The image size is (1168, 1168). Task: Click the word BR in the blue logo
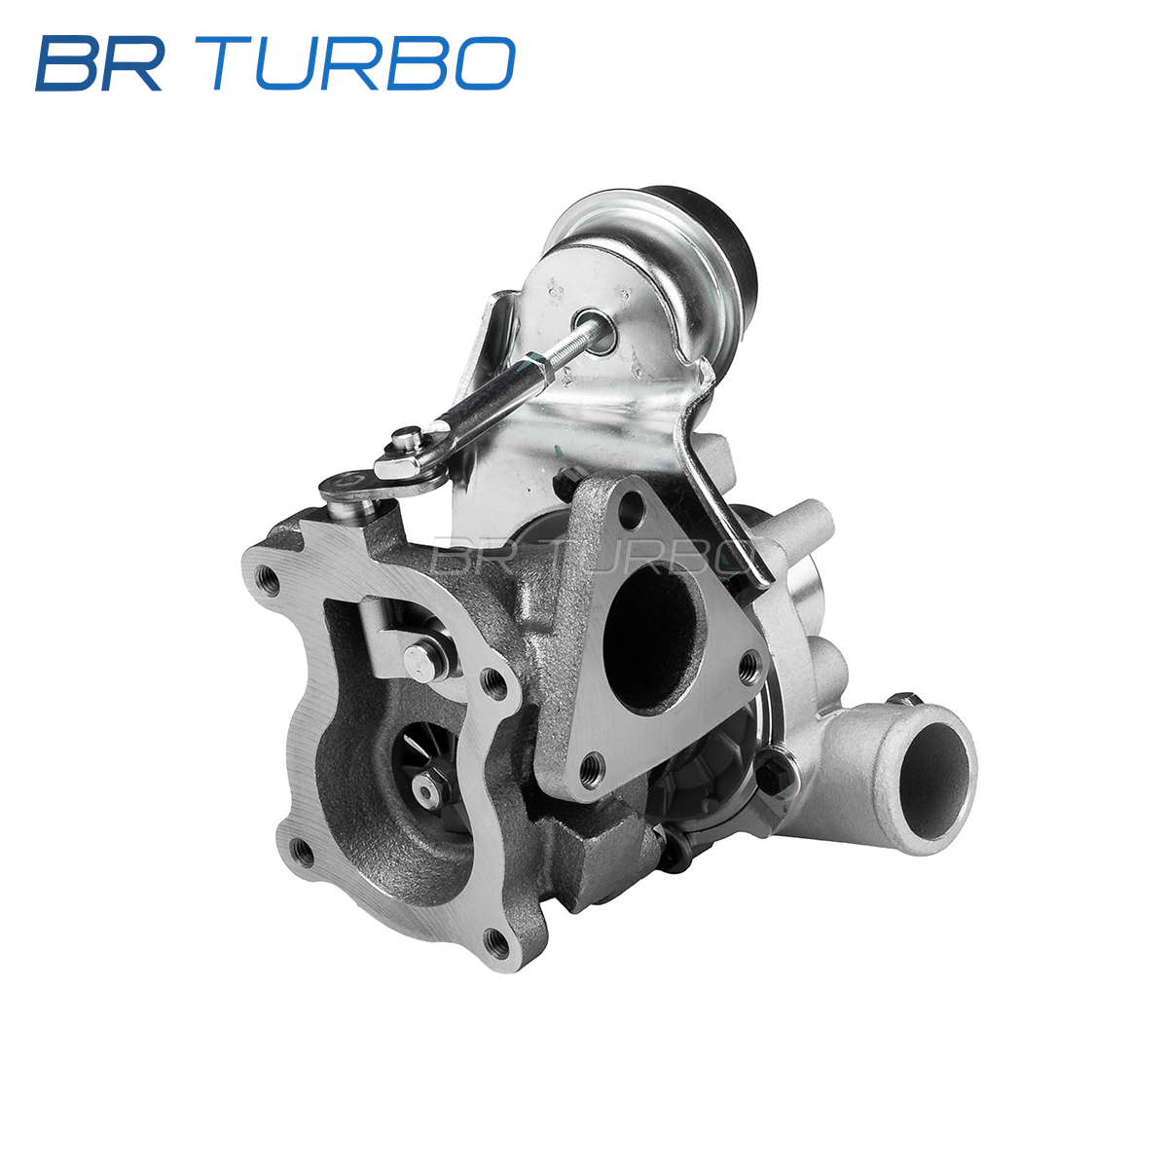pyautogui.click(x=99, y=63)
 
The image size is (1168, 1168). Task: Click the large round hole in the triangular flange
pyautogui.click(x=655, y=637)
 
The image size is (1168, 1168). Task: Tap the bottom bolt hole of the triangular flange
pyautogui.click(x=590, y=766)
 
